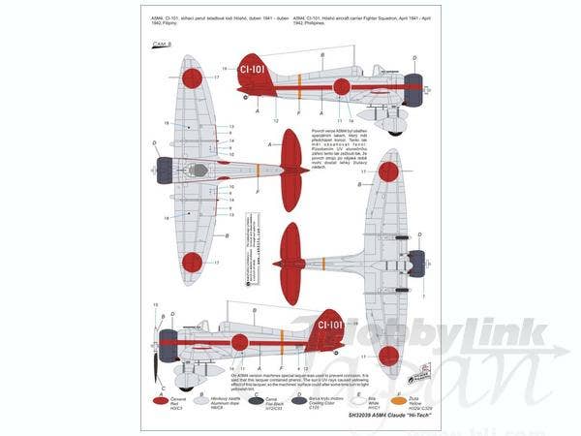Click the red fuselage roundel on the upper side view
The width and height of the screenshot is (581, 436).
[x=341, y=87]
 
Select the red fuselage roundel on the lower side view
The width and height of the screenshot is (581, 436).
[x=239, y=341]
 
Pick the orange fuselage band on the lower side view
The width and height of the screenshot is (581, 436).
[x=281, y=340]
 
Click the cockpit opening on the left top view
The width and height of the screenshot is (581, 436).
[x=198, y=171]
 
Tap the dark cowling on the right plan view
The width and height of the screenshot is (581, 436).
[x=416, y=263]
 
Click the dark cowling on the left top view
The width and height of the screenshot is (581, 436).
[x=165, y=171]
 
